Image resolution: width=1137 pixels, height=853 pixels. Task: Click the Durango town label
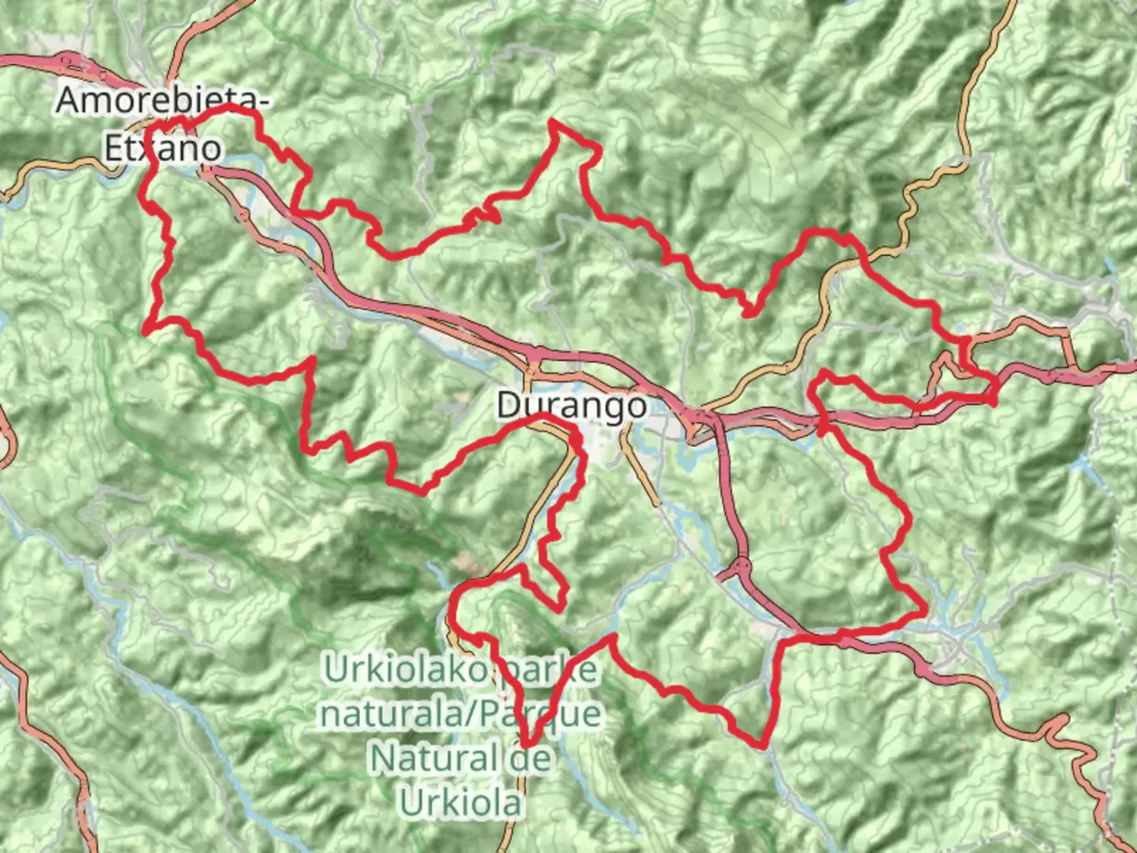point(572,406)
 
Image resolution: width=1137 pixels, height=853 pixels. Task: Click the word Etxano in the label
point(163,148)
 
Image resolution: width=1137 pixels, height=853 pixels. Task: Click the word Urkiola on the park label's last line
point(461,802)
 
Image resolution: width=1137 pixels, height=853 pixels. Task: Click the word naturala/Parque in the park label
point(460,715)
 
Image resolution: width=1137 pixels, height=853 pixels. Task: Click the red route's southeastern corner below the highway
point(762,744)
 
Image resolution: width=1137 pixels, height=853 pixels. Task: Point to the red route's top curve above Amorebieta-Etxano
point(229,106)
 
